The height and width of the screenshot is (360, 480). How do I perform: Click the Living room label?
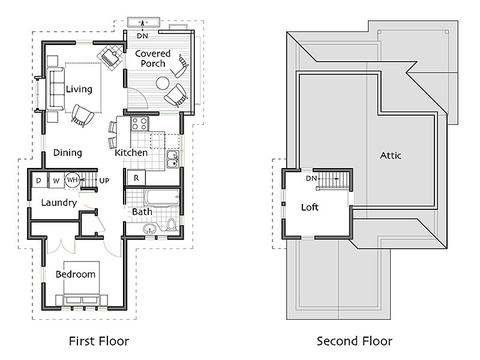pyautogui.click(x=79, y=89)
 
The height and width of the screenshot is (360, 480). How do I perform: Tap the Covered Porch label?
pyautogui.click(x=153, y=58)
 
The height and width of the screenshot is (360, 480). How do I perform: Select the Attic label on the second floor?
pyautogui.click(x=391, y=155)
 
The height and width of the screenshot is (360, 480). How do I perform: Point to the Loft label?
pyautogui.click(x=310, y=207)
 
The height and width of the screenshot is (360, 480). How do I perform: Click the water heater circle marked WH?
pyautogui.click(x=72, y=179)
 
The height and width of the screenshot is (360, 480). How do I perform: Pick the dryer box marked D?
pyautogui.click(x=40, y=180)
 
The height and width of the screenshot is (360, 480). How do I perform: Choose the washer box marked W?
pyautogui.click(x=56, y=180)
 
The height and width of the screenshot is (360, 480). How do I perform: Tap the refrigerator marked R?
pyautogui.click(x=136, y=178)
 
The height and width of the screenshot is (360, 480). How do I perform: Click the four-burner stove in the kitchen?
pyautogui.click(x=140, y=124)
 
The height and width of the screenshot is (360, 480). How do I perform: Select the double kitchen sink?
pyautogui.click(x=173, y=159)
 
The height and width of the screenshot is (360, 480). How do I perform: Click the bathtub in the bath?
pyautogui.click(x=161, y=197)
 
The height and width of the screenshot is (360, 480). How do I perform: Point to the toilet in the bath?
pyautogui.click(x=172, y=224)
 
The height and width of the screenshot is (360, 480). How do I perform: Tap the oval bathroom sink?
pyautogui.click(x=149, y=229)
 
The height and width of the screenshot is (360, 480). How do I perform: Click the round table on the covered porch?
pyautogui.click(x=163, y=83)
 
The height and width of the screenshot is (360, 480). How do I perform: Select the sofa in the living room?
pyautogui.click(x=55, y=89)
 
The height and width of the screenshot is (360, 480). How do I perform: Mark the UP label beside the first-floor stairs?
pyautogui.click(x=104, y=181)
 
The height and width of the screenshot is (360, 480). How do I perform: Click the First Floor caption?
pyautogui.click(x=99, y=341)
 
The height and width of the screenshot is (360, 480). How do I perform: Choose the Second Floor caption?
pyautogui.click(x=354, y=341)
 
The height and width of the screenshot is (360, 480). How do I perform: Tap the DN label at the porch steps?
pyautogui.click(x=142, y=36)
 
